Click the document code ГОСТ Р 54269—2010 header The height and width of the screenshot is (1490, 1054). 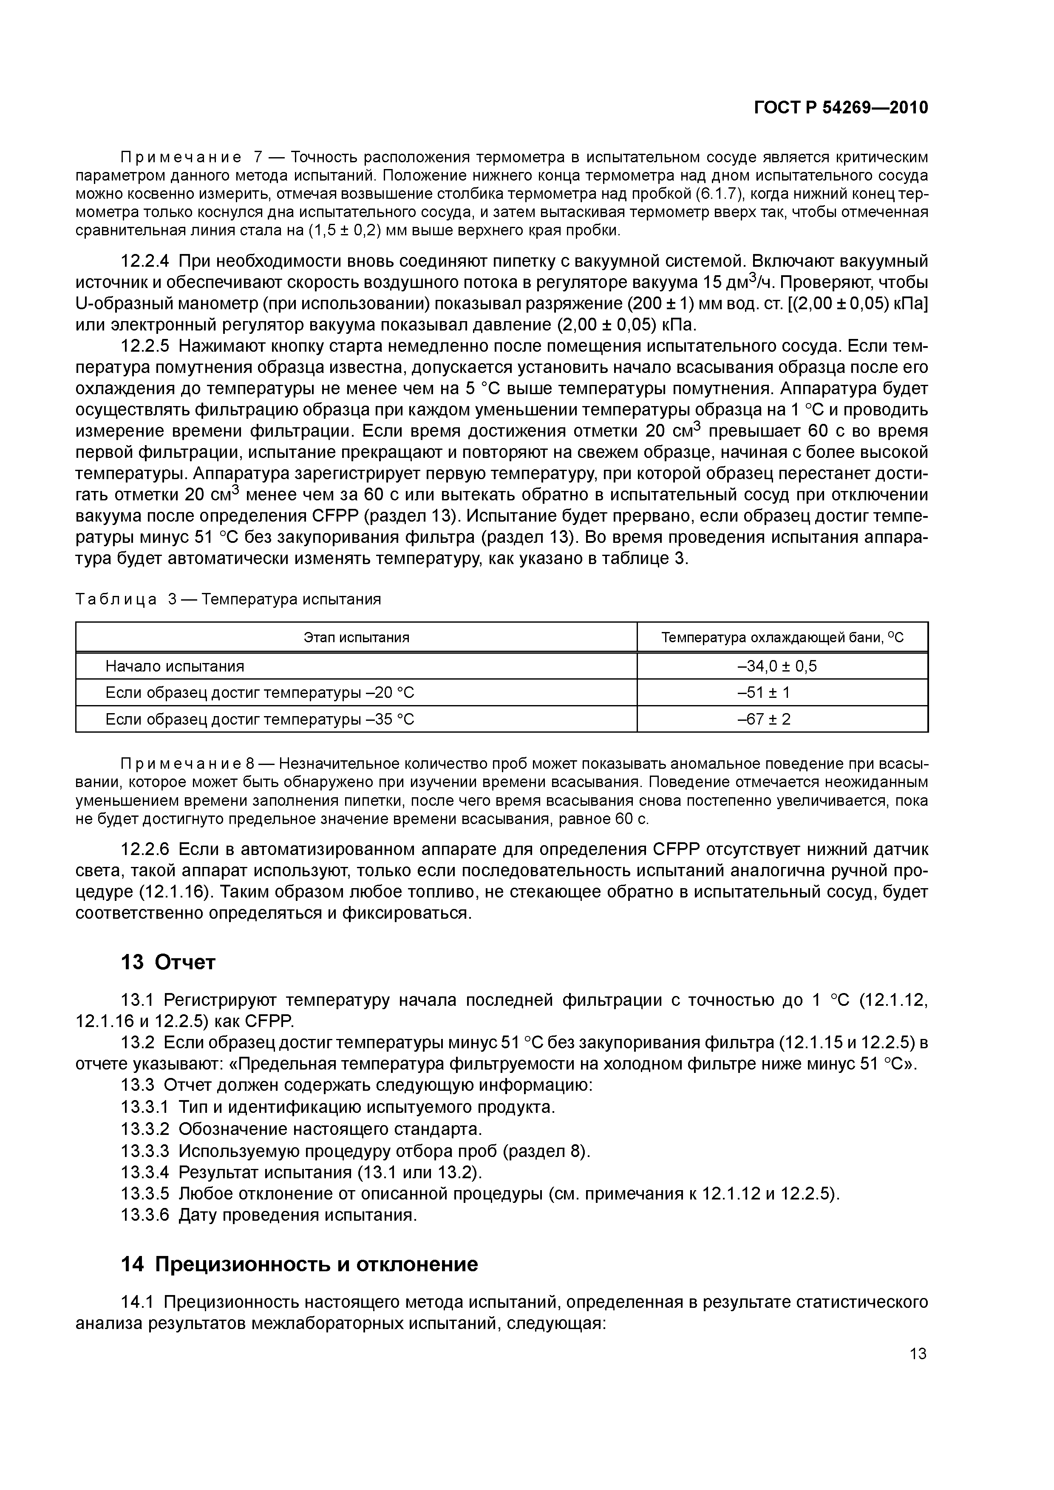tap(841, 107)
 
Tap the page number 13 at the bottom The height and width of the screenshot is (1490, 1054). tap(918, 1354)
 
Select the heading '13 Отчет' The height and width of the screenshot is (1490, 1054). tap(168, 962)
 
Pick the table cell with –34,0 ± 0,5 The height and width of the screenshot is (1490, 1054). tap(782, 666)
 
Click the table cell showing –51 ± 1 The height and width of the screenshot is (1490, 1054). tap(782, 692)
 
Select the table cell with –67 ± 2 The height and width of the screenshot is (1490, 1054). tap(782, 719)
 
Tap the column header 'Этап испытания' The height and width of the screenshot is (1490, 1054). tap(357, 637)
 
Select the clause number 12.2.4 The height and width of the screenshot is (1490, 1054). tap(145, 261)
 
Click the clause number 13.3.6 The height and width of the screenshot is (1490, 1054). tap(145, 1215)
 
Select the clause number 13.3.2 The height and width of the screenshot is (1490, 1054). tap(145, 1129)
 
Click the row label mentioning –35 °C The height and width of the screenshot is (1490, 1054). tap(259, 719)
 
